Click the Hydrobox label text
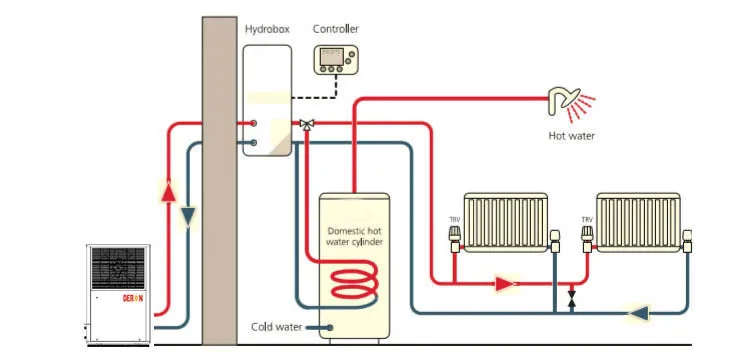[x=267, y=29]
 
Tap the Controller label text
[x=335, y=29]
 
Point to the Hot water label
[x=572, y=134]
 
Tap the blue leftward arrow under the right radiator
[x=637, y=313]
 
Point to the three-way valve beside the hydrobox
[x=306, y=124]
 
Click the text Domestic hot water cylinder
[x=356, y=236]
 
